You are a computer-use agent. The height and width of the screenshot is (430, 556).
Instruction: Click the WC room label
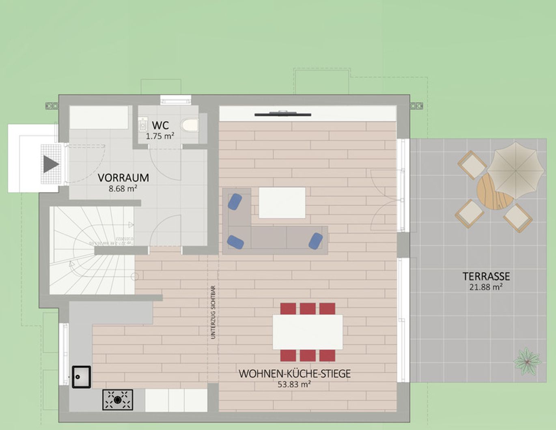click(160, 125)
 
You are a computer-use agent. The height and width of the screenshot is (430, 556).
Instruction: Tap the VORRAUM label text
click(123, 178)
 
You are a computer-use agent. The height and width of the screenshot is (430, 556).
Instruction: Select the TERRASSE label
click(486, 276)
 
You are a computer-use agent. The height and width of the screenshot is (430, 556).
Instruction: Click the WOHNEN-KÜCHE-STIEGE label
click(294, 374)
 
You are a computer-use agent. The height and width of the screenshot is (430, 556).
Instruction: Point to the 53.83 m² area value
click(294, 384)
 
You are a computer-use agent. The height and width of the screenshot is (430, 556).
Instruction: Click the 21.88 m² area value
click(486, 287)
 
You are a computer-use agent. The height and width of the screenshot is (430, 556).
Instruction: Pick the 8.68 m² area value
click(123, 189)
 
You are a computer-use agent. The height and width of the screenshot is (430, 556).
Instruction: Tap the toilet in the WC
click(189, 125)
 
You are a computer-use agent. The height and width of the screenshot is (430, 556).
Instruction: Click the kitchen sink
click(81, 377)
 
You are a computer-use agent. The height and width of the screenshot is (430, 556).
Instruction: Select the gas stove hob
click(117, 400)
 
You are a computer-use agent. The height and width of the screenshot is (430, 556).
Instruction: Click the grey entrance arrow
click(51, 164)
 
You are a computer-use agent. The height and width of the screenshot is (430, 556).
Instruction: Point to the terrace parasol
click(515, 170)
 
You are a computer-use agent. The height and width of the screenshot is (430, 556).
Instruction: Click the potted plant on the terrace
click(527, 360)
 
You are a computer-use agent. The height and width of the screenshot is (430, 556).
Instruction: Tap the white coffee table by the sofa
click(282, 202)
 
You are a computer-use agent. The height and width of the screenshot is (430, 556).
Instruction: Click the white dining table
click(308, 332)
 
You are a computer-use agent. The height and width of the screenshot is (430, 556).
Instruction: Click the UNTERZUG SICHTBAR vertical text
click(213, 312)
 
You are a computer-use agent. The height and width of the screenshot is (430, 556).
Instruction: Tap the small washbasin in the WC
click(143, 125)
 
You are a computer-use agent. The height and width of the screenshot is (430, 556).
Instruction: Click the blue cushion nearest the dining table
click(315, 241)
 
